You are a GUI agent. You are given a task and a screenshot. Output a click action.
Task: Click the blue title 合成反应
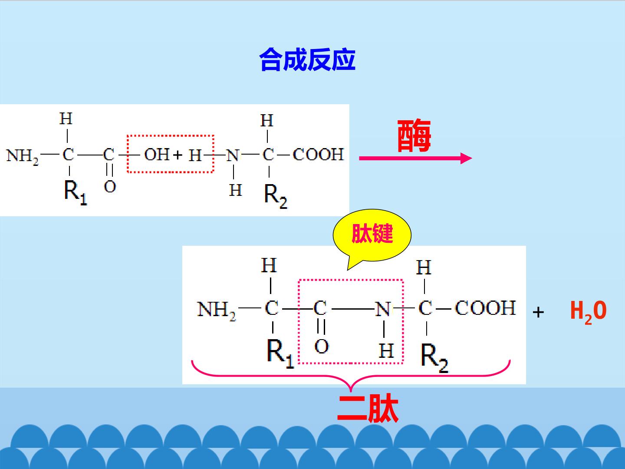[307, 59]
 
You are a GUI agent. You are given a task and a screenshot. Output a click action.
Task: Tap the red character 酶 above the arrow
[414, 136]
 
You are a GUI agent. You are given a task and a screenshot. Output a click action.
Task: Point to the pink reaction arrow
[415, 159]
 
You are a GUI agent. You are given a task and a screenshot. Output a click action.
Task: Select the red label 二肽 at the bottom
[368, 408]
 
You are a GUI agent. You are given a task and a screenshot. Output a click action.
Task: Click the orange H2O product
[588, 312]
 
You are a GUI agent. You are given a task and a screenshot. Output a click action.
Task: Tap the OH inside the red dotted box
[157, 154]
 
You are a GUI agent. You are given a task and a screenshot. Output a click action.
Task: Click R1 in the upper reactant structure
[76, 192]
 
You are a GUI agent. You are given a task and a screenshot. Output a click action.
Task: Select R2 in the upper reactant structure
[276, 196]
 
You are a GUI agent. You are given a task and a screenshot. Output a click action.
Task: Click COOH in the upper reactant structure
[318, 154]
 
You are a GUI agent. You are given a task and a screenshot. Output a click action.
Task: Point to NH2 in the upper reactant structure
[22, 157]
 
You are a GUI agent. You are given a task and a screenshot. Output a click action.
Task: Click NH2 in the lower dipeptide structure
[217, 311]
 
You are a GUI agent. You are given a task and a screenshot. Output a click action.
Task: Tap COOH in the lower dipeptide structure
[485, 308]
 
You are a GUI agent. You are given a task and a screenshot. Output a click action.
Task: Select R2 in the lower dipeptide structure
[434, 358]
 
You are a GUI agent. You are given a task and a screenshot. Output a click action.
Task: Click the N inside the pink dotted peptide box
[383, 309]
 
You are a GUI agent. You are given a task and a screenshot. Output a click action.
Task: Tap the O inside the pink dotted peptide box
[322, 346]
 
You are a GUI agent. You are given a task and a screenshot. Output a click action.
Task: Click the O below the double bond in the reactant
[110, 187]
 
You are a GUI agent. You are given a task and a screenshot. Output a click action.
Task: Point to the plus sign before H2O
[538, 312]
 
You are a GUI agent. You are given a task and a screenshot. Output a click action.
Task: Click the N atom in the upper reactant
[232, 156]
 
